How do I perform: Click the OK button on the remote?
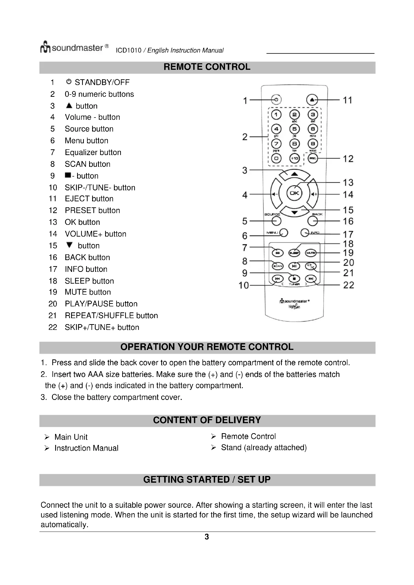tap(294, 193)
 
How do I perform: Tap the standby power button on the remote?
tap(276, 100)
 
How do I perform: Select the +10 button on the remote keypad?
tap(294, 159)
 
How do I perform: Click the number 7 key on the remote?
tap(276, 144)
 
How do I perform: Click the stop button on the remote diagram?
tap(294, 279)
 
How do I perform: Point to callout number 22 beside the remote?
tap(348, 285)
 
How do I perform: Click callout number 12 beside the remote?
tap(348, 159)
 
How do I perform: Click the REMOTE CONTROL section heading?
tap(207, 67)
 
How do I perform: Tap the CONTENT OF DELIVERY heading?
tap(207, 420)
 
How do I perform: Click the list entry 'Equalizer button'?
tap(93, 152)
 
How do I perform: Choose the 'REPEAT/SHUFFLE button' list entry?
tap(111, 315)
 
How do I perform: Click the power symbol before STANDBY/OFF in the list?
tap(69, 82)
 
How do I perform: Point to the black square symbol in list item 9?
tap(68, 175)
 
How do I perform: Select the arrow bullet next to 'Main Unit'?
tap(47, 437)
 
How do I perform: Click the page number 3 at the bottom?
tap(207, 537)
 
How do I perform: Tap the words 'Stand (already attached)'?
tap(264, 447)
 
